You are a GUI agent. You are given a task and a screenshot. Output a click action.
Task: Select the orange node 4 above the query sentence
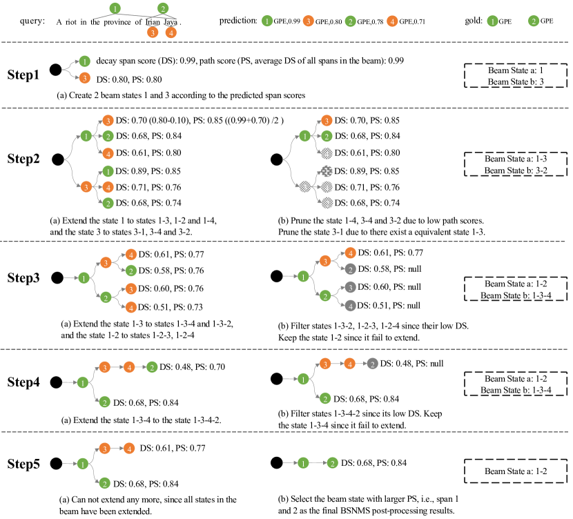[x=171, y=32]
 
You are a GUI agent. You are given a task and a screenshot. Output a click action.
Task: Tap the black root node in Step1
[x=55, y=69]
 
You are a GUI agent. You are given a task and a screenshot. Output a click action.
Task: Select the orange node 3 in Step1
[x=84, y=78]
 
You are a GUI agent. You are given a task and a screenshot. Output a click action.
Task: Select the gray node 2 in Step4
[x=372, y=364]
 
